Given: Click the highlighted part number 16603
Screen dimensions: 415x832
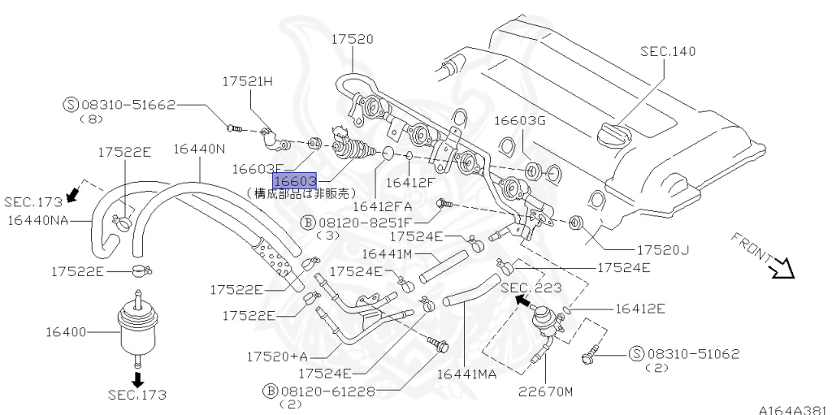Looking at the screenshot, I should [294, 180].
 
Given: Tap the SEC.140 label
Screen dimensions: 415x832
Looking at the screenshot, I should [668, 51].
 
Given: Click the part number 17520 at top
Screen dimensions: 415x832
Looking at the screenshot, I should [352, 38].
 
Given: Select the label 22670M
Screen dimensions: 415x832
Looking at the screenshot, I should [546, 391].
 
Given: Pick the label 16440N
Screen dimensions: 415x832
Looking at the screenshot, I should [199, 149].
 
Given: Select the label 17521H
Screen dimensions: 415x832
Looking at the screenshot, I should [249, 81].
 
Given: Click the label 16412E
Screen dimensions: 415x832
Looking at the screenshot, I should [639, 309].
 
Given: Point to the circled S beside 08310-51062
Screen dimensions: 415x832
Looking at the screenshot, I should [636, 353].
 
